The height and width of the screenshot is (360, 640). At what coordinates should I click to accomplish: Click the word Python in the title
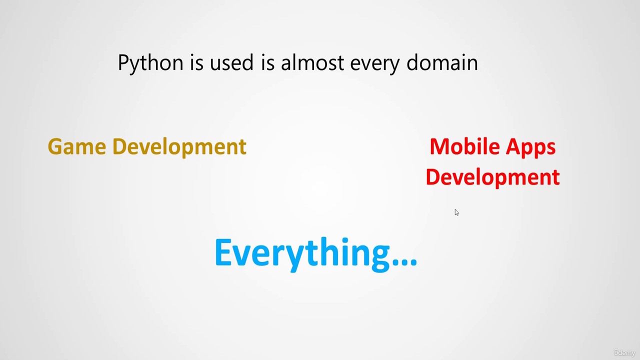pyautogui.click(x=150, y=63)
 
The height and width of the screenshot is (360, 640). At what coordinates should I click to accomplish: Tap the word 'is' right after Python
pyautogui.click(x=196, y=62)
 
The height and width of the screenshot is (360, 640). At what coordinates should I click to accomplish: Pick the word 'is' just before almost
pyautogui.click(x=267, y=62)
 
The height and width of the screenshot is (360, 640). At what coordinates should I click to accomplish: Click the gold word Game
pyautogui.click(x=77, y=146)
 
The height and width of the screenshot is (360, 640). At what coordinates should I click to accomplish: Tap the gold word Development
pyautogui.click(x=179, y=147)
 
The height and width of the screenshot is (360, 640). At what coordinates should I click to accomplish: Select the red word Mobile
pyautogui.click(x=464, y=146)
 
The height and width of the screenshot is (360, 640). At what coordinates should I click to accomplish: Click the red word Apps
pyautogui.click(x=530, y=148)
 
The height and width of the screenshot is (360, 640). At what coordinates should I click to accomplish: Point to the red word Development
pyautogui.click(x=492, y=178)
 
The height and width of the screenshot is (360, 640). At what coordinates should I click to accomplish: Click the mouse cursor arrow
pyautogui.click(x=456, y=212)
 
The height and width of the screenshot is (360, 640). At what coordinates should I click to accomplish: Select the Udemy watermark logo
pyautogui.click(x=624, y=352)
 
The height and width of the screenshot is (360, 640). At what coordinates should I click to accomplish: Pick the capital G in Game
pyautogui.click(x=55, y=146)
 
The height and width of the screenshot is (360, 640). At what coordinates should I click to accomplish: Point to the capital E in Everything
pyautogui.click(x=223, y=252)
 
